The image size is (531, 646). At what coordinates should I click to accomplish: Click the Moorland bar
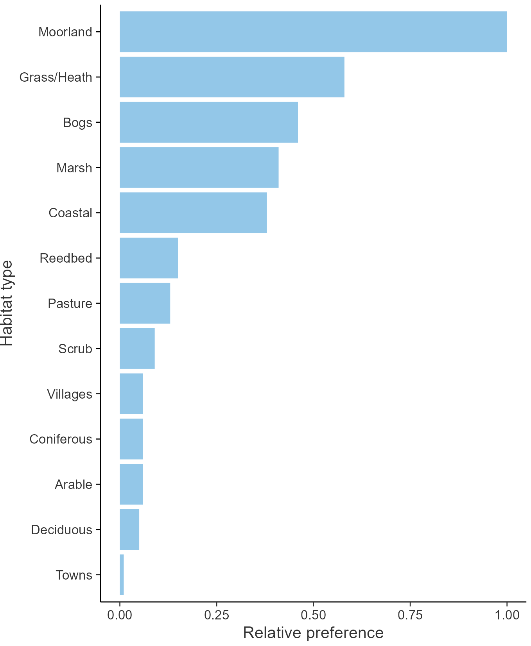click(313, 32)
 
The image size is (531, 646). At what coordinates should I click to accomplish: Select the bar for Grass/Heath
click(232, 77)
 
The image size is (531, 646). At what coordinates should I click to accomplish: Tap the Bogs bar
click(209, 122)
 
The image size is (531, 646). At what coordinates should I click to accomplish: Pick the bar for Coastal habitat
click(193, 213)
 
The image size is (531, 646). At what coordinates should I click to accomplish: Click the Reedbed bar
click(149, 258)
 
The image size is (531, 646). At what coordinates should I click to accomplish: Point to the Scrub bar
click(137, 348)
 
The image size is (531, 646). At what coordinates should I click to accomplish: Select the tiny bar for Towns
click(122, 574)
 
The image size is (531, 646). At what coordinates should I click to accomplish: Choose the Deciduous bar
click(129, 529)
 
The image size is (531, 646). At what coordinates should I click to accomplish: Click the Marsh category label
click(74, 168)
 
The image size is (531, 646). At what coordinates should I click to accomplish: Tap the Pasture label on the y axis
click(70, 303)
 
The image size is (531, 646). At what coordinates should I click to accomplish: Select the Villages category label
click(70, 394)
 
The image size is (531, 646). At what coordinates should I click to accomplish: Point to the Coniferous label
click(61, 439)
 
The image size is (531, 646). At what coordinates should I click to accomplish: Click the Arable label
click(74, 484)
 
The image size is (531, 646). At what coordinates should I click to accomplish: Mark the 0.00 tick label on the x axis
click(120, 615)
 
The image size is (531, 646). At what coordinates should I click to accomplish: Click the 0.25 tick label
click(216, 615)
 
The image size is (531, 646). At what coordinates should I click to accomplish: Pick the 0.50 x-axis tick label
click(313, 615)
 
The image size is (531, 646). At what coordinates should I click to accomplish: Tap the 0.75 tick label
click(410, 615)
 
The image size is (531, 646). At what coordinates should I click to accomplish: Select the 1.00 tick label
click(507, 615)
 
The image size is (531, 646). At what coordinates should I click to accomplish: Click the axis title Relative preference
click(313, 633)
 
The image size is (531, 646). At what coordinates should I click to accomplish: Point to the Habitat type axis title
click(7, 303)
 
